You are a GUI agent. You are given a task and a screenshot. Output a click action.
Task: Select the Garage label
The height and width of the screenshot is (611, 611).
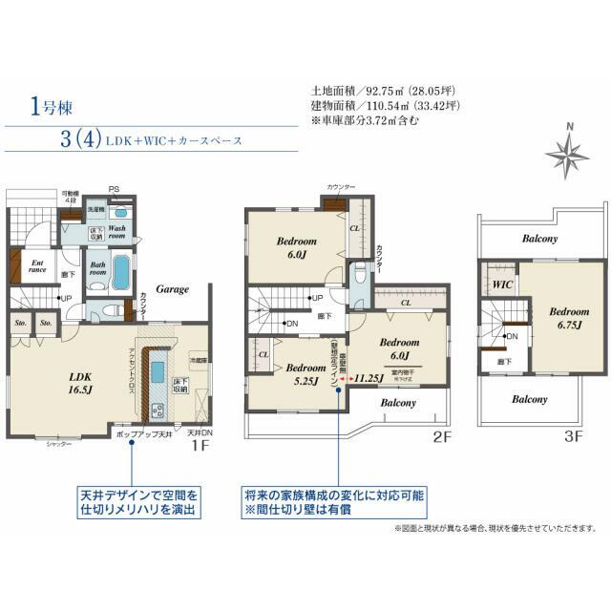172,289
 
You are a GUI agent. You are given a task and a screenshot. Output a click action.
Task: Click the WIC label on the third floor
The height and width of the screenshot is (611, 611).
502,284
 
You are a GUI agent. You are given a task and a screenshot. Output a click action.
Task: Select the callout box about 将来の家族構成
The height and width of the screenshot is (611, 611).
334,502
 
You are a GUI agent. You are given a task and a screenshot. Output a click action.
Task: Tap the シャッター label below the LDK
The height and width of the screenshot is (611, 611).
58,444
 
